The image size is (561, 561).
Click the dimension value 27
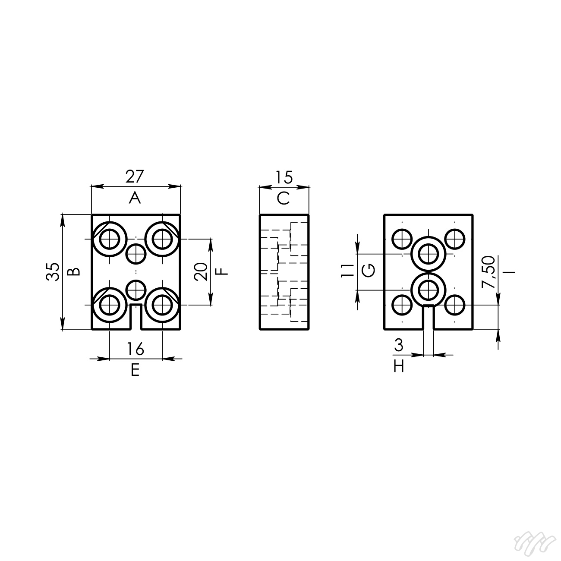tap(135, 176)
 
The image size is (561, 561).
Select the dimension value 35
tap(53, 271)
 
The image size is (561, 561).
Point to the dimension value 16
tap(136, 349)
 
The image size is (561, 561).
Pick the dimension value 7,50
tap(488, 272)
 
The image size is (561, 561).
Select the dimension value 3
tap(399, 345)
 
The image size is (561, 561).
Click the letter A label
tap(135, 198)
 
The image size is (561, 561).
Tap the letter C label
tap(283, 199)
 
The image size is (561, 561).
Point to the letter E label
tap(135, 370)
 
